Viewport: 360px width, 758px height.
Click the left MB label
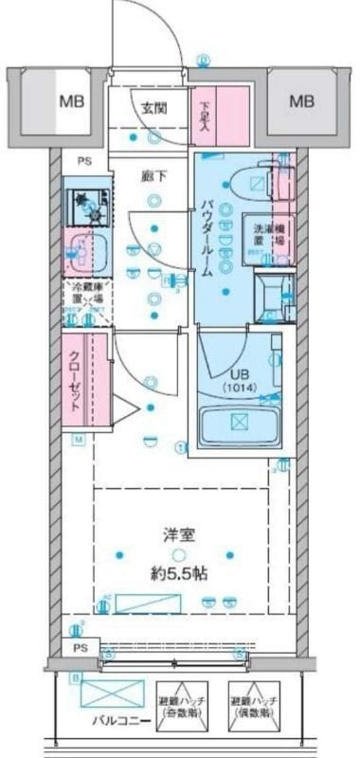click(70, 100)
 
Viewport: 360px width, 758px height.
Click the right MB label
click(301, 100)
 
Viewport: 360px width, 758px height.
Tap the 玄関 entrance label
click(156, 107)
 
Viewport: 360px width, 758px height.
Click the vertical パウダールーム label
click(206, 237)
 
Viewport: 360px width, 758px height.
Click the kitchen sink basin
click(87, 252)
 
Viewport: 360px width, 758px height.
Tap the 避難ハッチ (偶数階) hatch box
click(252, 704)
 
